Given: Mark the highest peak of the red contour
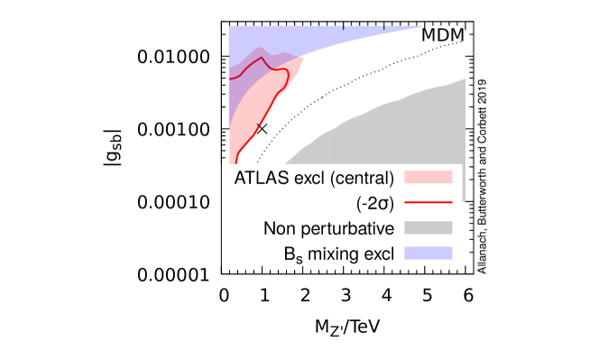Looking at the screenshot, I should point(262,58).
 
